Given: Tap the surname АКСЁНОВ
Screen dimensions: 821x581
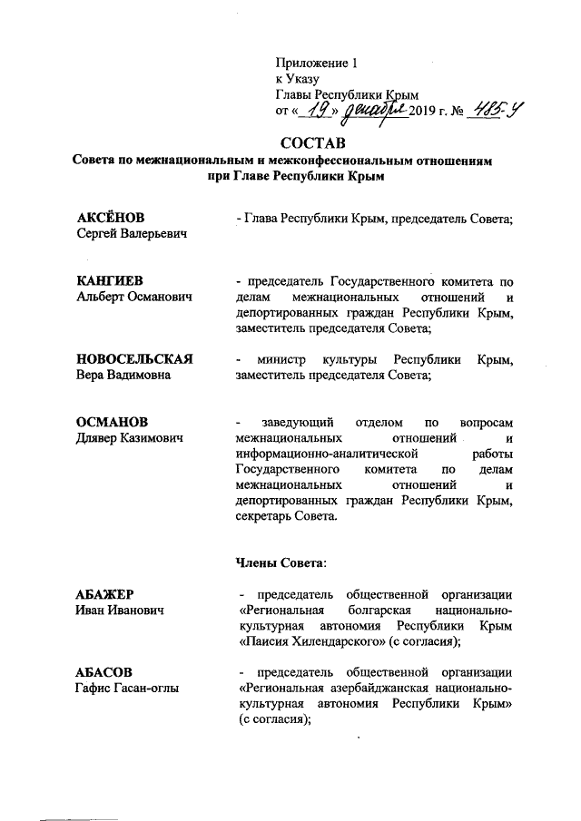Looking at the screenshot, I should click(x=112, y=219).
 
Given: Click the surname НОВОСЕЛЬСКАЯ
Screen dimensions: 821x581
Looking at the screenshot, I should click(x=134, y=360).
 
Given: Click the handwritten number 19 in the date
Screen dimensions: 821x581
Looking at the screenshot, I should click(x=319, y=110).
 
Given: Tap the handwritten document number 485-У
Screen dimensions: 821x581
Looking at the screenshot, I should click(x=497, y=109).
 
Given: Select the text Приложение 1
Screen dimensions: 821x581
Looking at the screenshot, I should click(x=318, y=64).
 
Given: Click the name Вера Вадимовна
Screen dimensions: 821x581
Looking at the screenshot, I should click(x=123, y=376).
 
